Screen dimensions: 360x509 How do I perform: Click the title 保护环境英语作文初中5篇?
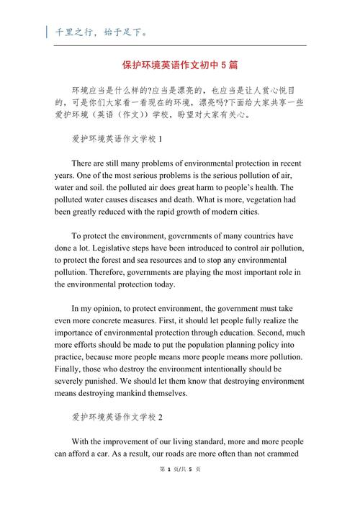tap(181, 65)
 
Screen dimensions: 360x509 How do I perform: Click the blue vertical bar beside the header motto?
tap(48, 32)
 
